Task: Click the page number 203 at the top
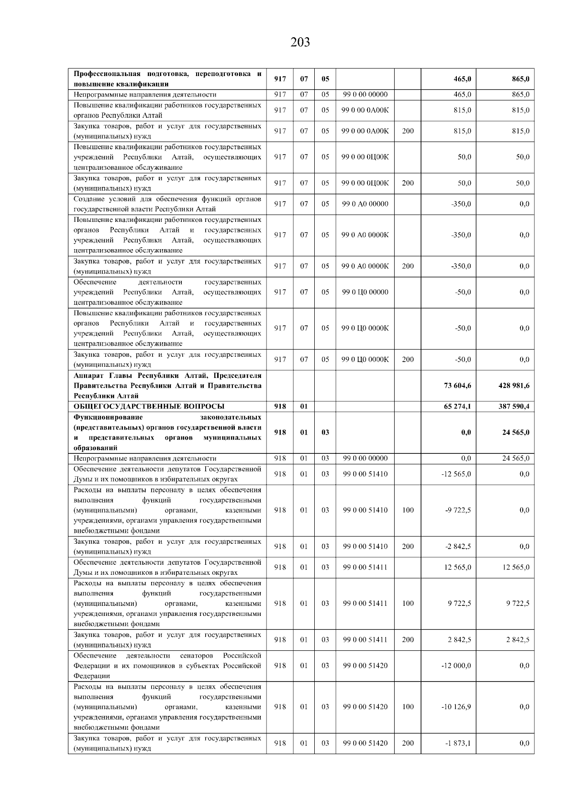pos(300,43)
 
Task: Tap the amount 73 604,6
pos(457,385)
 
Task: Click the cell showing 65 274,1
pos(457,406)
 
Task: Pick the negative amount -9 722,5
pos(458,510)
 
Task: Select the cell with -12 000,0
pos(456,665)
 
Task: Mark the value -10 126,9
pos(456,706)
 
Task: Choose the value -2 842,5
pos(458,546)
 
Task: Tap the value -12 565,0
pos(456,474)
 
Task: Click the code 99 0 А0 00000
pos(365,204)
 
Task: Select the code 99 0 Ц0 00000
pos(365,292)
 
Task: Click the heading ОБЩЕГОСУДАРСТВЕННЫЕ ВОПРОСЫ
pos(149,406)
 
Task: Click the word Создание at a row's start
pos(88,198)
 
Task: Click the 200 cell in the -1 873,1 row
pos(408,743)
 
